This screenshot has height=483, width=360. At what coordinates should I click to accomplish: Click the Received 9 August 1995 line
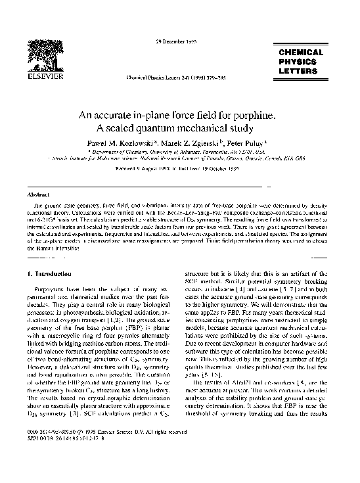click(x=178, y=168)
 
